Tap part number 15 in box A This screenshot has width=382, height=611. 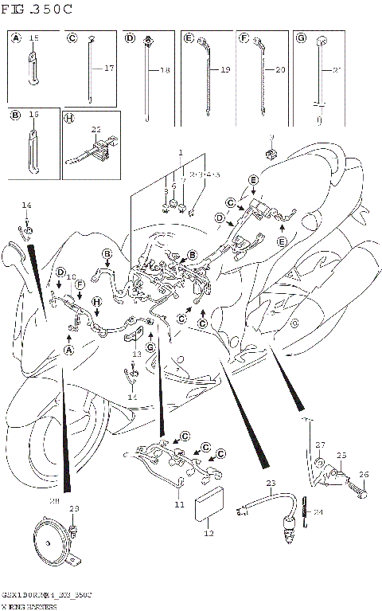[x=33, y=38]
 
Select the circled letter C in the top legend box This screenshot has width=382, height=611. [x=72, y=38]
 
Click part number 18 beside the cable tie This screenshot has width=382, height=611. [x=166, y=71]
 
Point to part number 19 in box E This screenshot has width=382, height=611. [x=224, y=71]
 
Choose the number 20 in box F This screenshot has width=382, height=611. [x=279, y=71]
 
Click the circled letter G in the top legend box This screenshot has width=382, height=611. [x=301, y=38]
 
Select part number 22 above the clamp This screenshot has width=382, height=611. [x=95, y=129]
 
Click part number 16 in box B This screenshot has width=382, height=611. [x=33, y=115]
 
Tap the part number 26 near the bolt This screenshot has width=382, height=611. [x=364, y=476]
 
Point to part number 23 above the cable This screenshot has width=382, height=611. [x=271, y=483]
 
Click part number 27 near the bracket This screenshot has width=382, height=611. [x=320, y=445]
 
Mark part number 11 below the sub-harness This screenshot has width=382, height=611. [x=180, y=504]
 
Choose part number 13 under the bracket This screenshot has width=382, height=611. [x=136, y=353]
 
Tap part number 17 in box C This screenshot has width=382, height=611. [x=109, y=69]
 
